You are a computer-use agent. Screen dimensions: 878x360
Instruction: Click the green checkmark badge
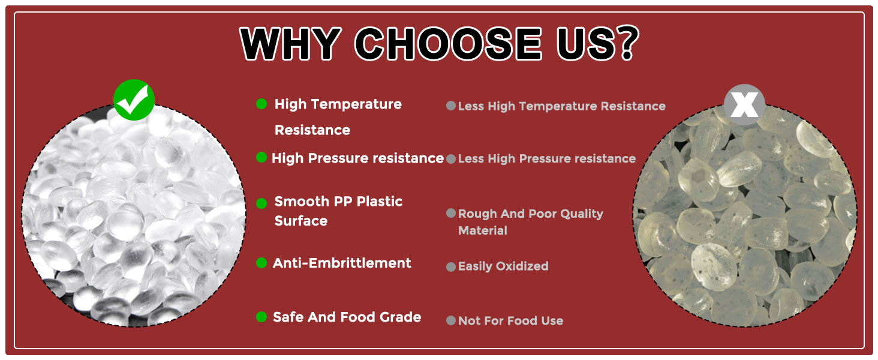click(134, 100)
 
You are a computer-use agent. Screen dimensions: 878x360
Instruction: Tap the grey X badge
click(744, 105)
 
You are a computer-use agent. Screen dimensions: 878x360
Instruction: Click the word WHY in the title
click(290, 43)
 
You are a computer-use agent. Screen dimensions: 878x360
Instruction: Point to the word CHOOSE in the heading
click(448, 43)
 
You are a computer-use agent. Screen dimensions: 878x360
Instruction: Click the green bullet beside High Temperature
click(261, 104)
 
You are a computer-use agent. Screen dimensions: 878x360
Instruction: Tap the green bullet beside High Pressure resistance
click(261, 157)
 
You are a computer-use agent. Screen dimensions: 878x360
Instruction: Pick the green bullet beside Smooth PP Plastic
click(261, 203)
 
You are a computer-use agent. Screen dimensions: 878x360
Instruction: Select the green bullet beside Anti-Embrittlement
click(261, 263)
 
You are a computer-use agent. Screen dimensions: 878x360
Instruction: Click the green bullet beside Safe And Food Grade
click(261, 316)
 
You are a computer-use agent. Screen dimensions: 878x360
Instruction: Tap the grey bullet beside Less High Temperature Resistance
click(451, 106)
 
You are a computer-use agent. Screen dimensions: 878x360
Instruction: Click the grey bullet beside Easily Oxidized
click(451, 267)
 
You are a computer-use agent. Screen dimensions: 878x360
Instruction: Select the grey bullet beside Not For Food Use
click(451, 320)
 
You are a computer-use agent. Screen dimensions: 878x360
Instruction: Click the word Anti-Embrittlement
click(342, 263)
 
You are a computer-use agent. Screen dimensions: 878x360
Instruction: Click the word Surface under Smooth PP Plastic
click(301, 221)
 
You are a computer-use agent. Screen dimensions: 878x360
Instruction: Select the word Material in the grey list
click(483, 230)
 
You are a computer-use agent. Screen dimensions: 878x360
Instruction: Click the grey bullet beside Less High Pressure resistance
click(451, 159)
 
